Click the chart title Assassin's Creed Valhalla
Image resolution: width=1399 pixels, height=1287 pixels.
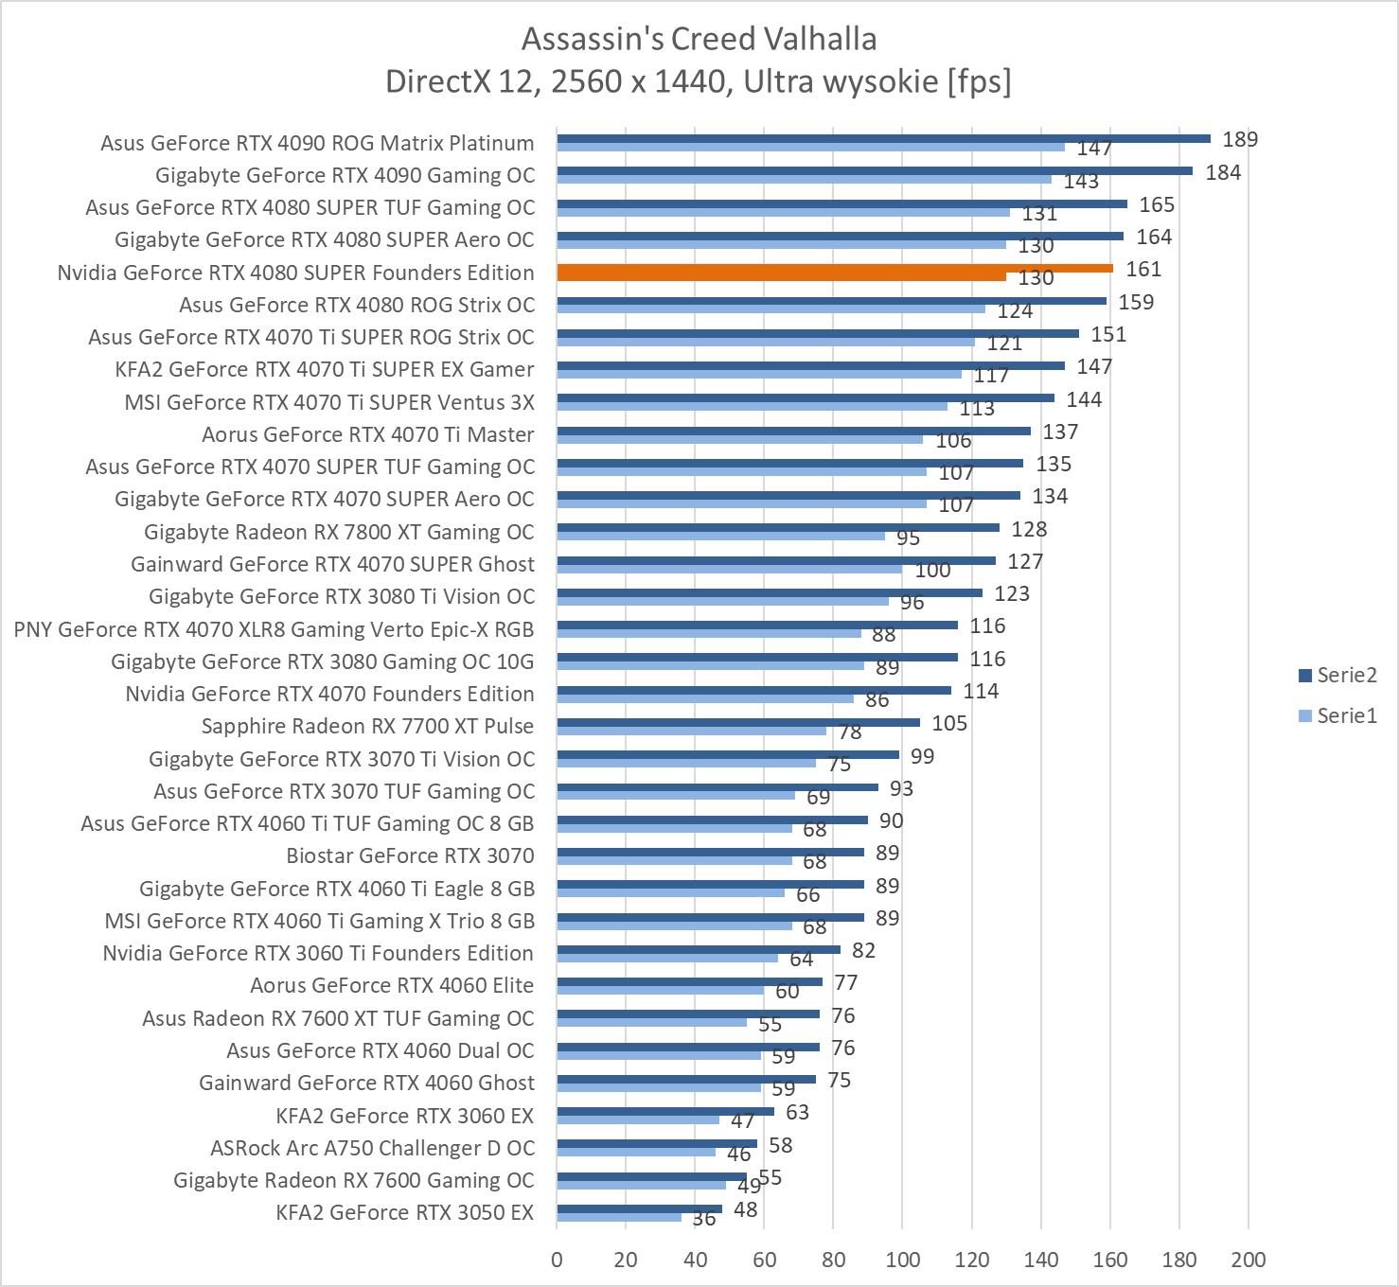(x=699, y=39)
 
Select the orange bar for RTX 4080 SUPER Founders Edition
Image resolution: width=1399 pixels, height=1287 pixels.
(x=835, y=269)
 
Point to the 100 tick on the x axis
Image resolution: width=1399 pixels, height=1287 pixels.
(x=902, y=1260)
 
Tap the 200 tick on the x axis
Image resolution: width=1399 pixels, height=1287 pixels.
(x=1248, y=1260)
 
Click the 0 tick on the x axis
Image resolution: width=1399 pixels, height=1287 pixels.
(x=557, y=1260)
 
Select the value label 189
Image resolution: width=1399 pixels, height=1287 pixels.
(x=1240, y=140)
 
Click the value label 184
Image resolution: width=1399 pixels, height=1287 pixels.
(x=1223, y=172)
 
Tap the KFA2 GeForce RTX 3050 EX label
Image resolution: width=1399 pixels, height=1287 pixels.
(x=405, y=1212)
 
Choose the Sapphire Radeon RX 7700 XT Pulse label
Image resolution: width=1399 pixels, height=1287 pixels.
(x=367, y=726)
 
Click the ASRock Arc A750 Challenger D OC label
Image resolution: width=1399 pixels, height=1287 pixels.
(x=372, y=1148)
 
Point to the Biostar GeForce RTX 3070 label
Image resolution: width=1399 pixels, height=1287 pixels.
(x=410, y=855)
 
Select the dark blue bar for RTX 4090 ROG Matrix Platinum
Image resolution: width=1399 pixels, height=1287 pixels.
(x=883, y=138)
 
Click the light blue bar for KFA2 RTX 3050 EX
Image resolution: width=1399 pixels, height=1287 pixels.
(x=619, y=1217)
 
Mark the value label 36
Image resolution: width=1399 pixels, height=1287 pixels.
(x=703, y=1219)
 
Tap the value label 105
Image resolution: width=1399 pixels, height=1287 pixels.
(x=949, y=724)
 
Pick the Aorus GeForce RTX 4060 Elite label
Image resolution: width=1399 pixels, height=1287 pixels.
(x=392, y=985)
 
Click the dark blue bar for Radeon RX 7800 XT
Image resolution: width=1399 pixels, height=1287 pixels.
(x=778, y=528)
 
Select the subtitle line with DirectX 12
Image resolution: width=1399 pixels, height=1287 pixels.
(x=699, y=81)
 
